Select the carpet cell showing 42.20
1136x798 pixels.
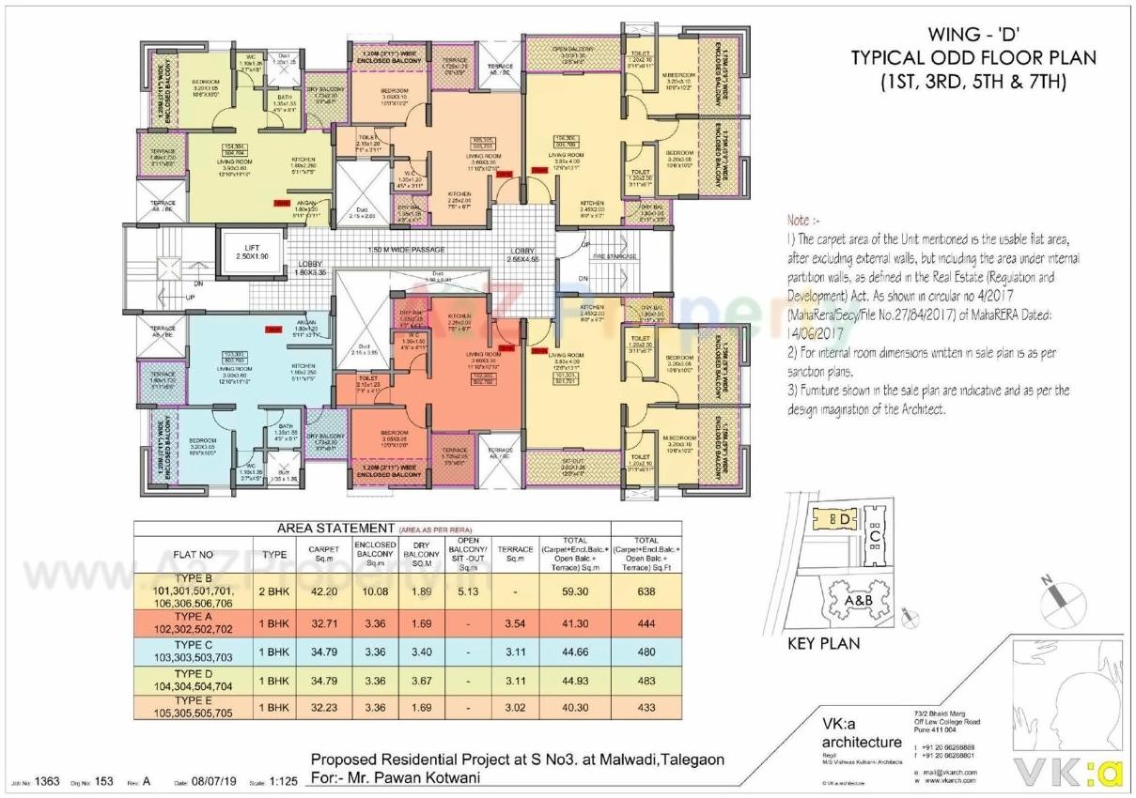(x=317, y=591)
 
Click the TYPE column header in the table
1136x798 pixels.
(x=273, y=554)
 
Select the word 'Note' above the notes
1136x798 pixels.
(x=798, y=220)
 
